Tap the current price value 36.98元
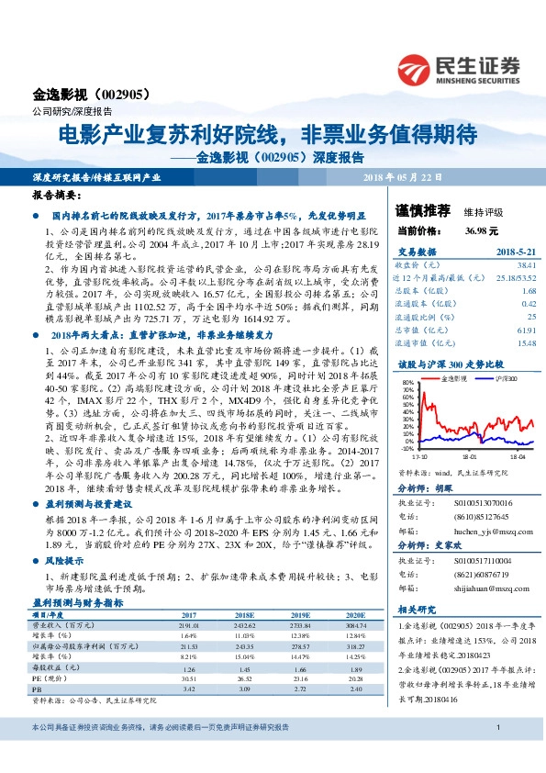(x=481, y=230)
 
